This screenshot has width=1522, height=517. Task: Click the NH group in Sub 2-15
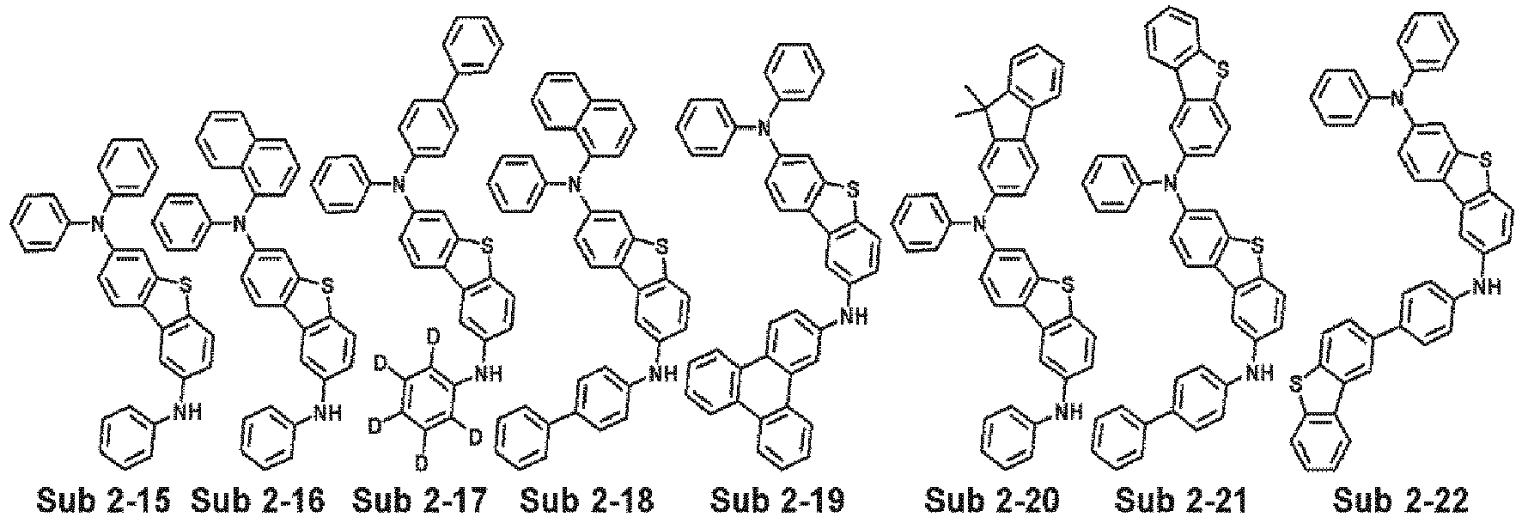(x=186, y=413)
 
